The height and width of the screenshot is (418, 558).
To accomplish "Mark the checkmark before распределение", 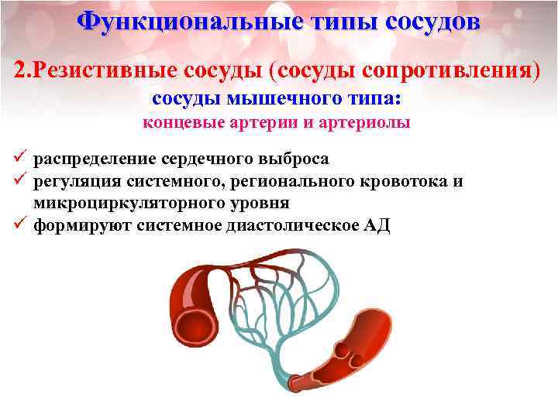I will [x=21, y=158].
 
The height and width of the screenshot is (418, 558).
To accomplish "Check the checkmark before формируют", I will [x=21, y=224].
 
